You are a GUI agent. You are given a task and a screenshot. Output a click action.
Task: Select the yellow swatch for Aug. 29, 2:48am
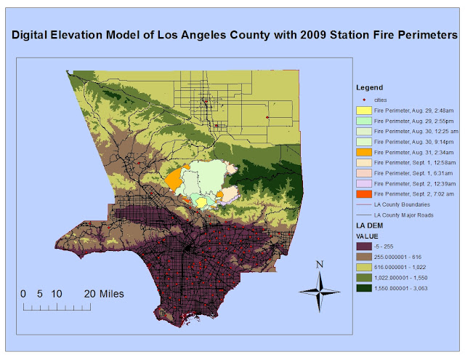click(363, 109)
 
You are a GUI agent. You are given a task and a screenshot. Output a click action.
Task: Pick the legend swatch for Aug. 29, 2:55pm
click(363, 120)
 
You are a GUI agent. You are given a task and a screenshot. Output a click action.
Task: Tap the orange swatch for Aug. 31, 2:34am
click(363, 152)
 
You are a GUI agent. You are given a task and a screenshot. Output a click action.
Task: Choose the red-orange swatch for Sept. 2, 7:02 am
click(363, 194)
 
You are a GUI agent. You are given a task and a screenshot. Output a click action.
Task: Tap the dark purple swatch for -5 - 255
click(363, 247)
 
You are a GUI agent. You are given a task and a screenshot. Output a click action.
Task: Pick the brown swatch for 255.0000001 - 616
click(363, 257)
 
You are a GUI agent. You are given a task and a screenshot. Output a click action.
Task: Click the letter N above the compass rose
click(318, 265)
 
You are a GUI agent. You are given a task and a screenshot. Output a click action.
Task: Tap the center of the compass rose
click(318, 290)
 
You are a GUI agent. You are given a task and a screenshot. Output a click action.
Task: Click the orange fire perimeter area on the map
click(173, 180)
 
